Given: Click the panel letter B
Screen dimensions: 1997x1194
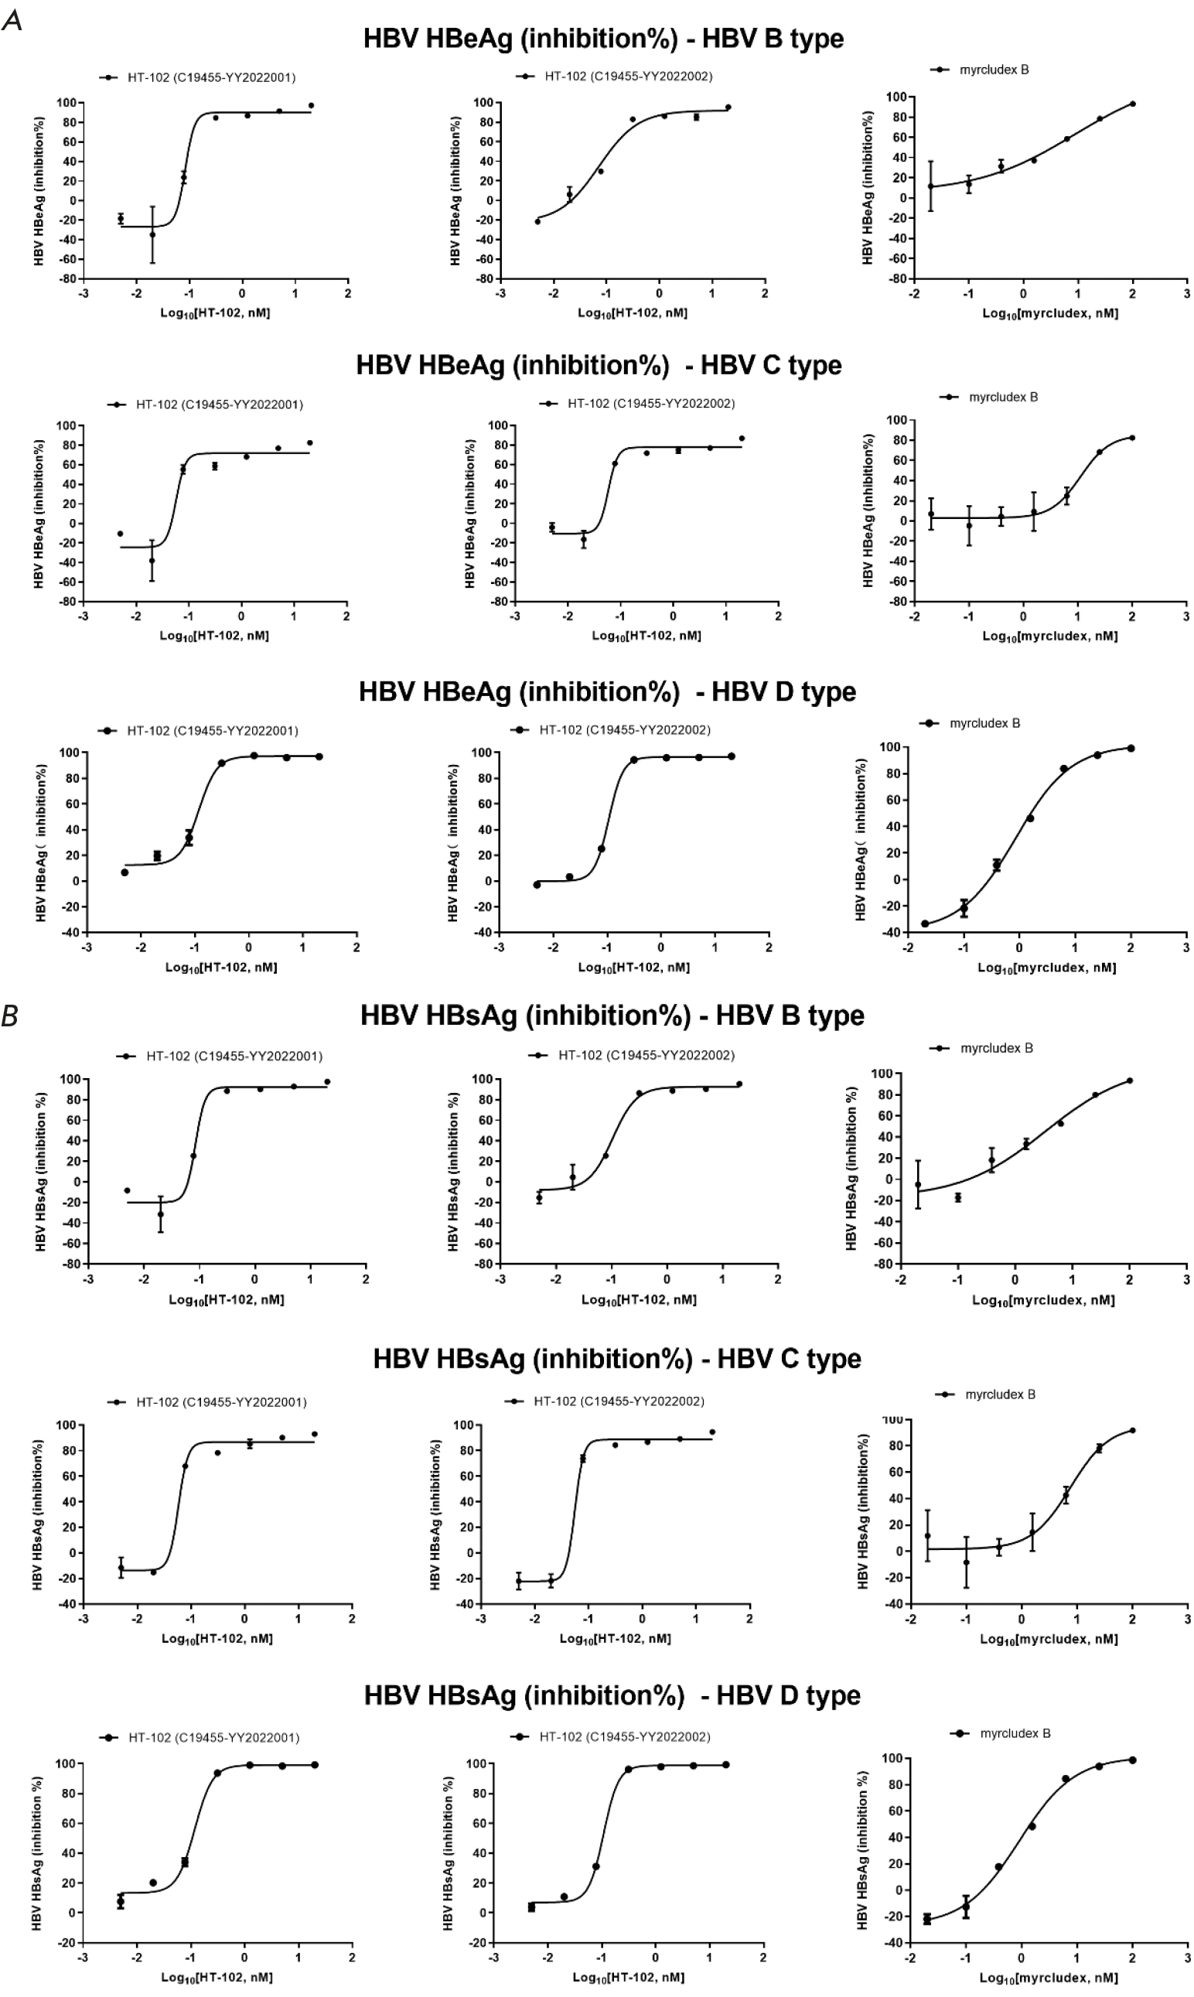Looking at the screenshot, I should [x=11, y=1017].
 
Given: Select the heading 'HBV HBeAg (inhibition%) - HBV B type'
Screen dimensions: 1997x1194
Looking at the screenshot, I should [x=603, y=39].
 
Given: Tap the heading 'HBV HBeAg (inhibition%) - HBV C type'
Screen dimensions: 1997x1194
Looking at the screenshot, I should [x=599, y=365].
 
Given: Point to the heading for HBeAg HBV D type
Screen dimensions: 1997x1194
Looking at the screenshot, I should [x=608, y=692].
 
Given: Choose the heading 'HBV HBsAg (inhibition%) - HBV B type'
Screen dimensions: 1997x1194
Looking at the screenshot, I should [x=612, y=1016].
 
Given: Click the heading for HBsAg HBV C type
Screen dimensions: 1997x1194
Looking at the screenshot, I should [x=617, y=1359].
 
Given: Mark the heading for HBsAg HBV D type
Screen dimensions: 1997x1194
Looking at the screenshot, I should [x=612, y=1695].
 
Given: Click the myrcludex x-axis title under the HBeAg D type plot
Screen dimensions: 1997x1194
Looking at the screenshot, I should [x=1046, y=968].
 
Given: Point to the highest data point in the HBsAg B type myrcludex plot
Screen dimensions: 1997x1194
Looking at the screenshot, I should [x=1130, y=1080].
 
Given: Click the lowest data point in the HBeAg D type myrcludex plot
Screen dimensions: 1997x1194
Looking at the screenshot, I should [x=925, y=923].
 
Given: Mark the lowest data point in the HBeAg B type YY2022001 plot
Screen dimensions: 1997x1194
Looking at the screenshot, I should [x=152, y=235].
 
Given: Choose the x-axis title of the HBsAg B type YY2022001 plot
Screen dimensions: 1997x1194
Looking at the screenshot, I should [x=226, y=1299].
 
